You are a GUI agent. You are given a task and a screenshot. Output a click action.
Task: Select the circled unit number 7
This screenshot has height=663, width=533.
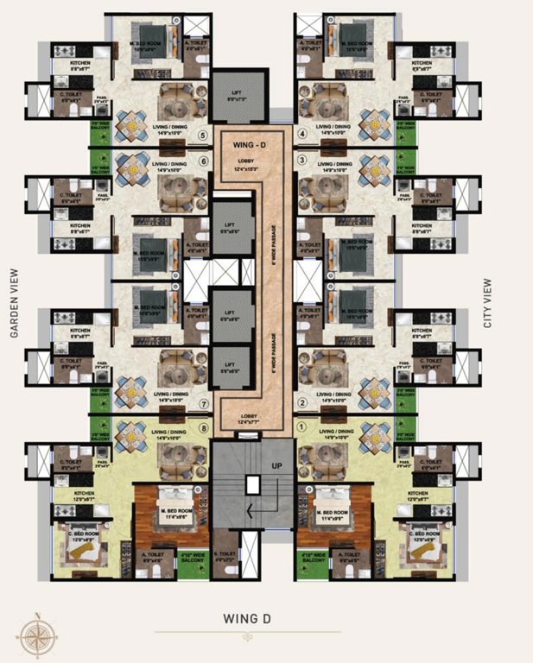pos(203,403)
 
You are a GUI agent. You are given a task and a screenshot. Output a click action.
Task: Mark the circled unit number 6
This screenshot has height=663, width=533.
pos(203,161)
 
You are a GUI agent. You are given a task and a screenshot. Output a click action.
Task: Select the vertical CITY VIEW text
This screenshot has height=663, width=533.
pos(488,303)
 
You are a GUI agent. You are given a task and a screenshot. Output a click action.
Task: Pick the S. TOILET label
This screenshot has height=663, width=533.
pos(225,557)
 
